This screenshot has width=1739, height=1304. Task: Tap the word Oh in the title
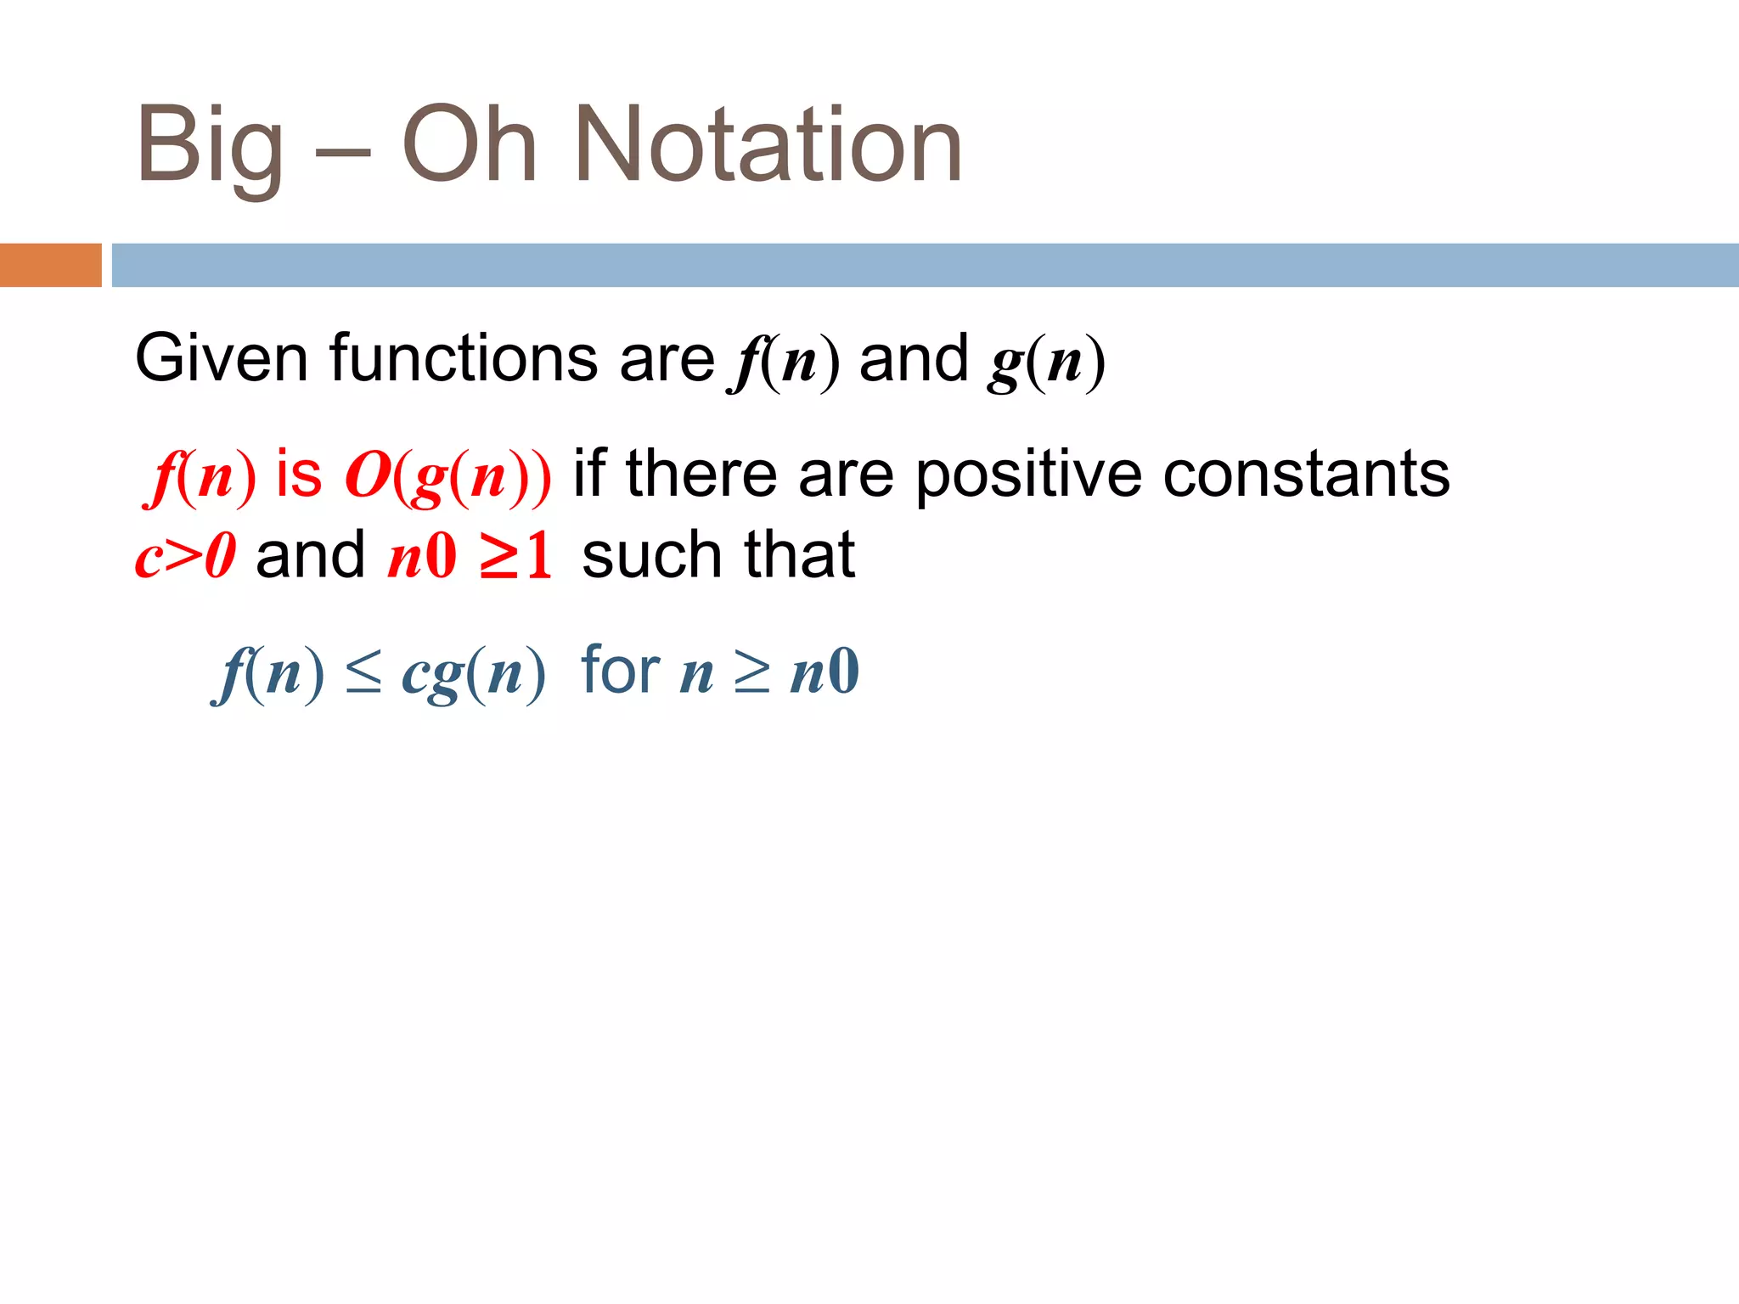[x=469, y=144]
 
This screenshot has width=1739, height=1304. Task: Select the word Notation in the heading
[x=768, y=144]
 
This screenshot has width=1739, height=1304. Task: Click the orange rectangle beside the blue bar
[x=50, y=265]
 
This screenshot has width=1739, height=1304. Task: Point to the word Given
[x=221, y=358]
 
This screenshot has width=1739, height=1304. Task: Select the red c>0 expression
[x=185, y=557]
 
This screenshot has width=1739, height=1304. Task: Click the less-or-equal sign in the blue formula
[x=363, y=674]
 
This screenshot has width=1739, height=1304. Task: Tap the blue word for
[x=620, y=671]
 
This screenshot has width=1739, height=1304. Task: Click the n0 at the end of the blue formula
[x=824, y=672]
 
